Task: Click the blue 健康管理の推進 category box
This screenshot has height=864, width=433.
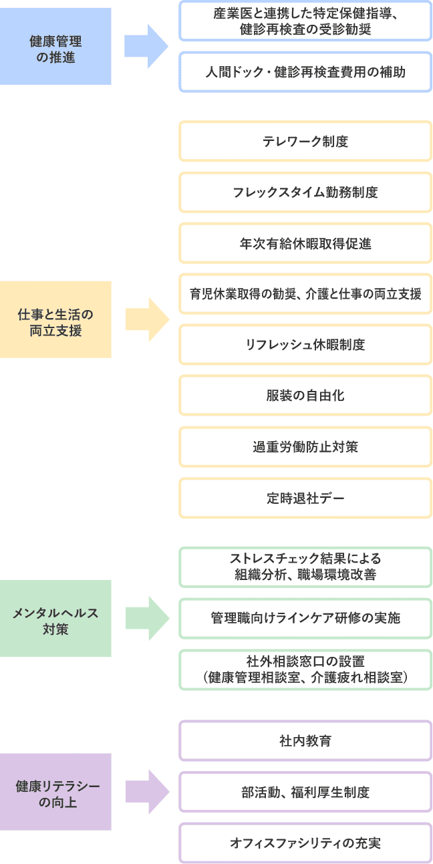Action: (x=55, y=46)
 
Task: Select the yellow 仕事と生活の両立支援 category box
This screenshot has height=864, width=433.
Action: (x=55, y=319)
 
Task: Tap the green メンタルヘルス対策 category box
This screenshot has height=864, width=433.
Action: (x=55, y=618)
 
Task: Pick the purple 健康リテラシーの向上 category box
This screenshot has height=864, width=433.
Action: (x=55, y=792)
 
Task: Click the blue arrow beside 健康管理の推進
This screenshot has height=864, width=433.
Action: (x=146, y=46)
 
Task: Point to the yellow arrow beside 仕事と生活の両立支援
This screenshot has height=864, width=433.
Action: (x=147, y=319)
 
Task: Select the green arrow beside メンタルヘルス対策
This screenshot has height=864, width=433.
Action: (x=147, y=618)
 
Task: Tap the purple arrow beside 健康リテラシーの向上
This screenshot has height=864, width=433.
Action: (x=147, y=792)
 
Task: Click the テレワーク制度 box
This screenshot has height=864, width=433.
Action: (x=305, y=141)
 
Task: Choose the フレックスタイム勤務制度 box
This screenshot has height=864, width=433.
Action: (x=305, y=192)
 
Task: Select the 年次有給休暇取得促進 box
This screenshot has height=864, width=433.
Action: (x=305, y=243)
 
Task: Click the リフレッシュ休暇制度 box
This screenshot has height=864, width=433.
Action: (x=305, y=345)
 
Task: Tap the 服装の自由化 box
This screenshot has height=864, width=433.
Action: (x=305, y=396)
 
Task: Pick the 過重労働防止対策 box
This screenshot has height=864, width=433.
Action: (x=305, y=447)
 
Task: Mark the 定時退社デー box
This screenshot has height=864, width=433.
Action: (x=305, y=498)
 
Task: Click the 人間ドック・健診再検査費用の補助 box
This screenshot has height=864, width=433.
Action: (x=305, y=72)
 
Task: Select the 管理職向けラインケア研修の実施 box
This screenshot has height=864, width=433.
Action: (x=305, y=618)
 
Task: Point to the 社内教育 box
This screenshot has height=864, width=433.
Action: (x=305, y=740)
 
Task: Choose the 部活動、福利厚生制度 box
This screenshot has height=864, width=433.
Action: (x=305, y=792)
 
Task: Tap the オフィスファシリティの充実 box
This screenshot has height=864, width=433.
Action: (x=305, y=843)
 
